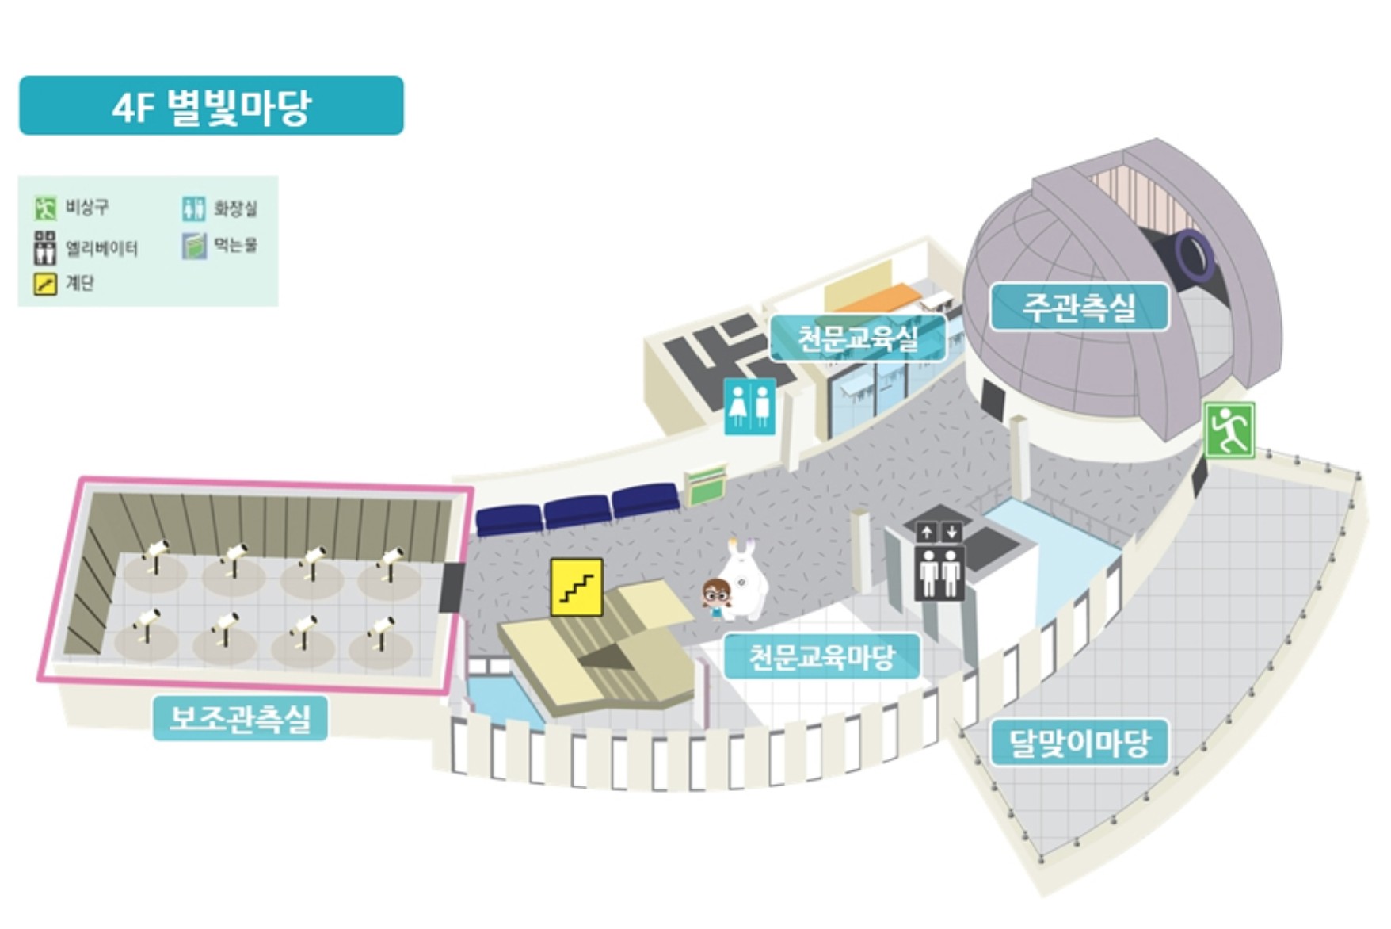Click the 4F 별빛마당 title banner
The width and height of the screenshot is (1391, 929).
[211, 106]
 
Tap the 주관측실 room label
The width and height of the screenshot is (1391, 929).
[1079, 307]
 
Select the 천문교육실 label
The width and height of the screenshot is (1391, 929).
[858, 338]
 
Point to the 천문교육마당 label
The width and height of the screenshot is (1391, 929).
[821, 656]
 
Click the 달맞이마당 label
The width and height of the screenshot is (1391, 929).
[1079, 743]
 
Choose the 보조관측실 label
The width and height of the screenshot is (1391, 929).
[240, 718]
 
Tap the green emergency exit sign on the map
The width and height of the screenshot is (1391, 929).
[1229, 430]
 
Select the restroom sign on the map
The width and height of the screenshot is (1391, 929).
[749, 405]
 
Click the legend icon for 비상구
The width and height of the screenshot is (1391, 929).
[45, 208]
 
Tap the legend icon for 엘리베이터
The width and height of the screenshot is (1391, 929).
[45, 248]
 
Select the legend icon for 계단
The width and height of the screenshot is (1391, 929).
[45, 284]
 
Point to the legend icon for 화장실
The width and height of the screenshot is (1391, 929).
[193, 208]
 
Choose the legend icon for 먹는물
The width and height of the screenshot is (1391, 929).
[193, 246]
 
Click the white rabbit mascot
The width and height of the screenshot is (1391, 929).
[745, 580]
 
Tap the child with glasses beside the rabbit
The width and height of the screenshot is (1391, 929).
[716, 598]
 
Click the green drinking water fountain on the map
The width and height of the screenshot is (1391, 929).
[705, 484]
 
